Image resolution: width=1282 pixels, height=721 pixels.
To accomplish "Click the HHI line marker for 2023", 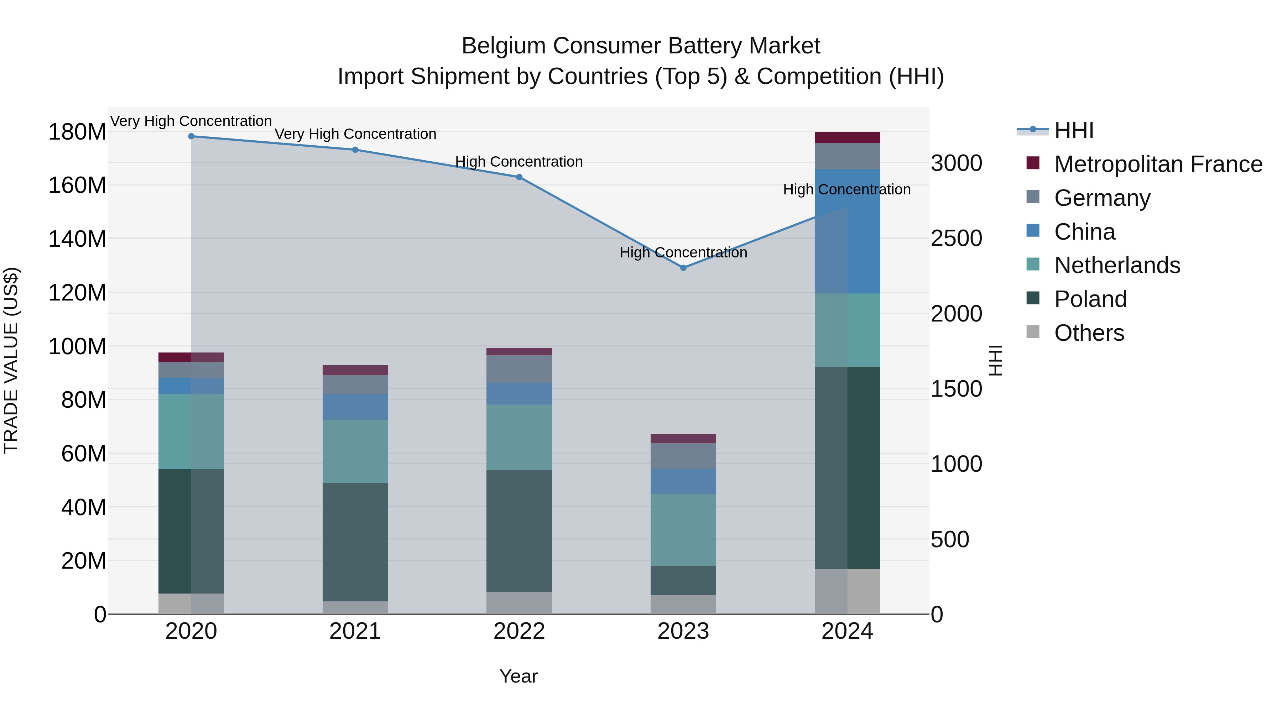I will tap(683, 268).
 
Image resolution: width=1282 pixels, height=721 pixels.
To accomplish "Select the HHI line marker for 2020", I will tap(191, 136).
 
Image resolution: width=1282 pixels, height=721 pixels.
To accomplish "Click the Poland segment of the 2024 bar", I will tap(848, 468).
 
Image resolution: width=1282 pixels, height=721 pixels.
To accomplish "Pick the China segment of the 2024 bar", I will tap(848, 231).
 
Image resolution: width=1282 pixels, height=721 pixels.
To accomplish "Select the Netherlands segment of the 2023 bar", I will tap(683, 530).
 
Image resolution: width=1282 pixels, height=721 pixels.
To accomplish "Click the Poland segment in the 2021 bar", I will tap(355, 542).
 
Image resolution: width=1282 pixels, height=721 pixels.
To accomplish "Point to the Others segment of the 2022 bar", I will tap(519, 603).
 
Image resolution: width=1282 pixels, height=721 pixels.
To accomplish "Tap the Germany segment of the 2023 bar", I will tap(683, 456).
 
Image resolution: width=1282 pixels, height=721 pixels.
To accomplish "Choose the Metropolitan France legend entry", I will tap(1158, 164).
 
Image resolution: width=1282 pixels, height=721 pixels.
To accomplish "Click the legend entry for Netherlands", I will tap(1117, 265).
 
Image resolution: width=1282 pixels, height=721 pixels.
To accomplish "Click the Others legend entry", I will tap(1089, 333).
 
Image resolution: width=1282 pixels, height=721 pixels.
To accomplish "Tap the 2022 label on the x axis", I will tap(519, 631).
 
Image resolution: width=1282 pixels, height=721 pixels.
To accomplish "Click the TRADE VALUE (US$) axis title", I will tap(11, 360).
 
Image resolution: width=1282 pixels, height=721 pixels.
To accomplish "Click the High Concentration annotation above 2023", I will tap(683, 253).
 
